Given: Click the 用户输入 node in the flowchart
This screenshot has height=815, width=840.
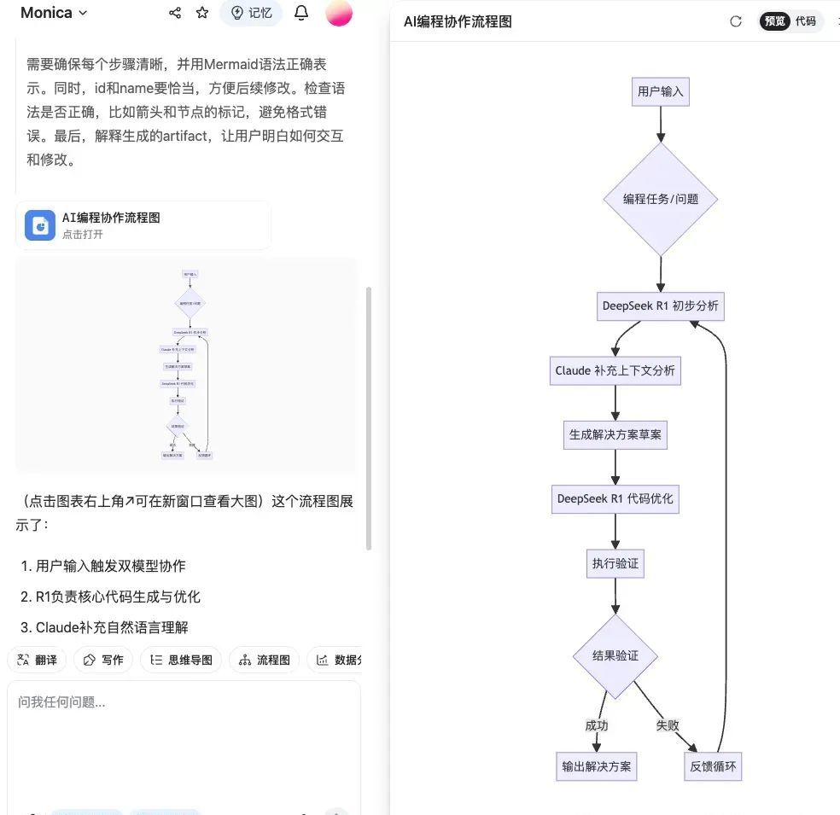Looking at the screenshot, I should click(661, 91).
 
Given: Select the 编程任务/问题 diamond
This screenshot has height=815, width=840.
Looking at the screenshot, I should click(661, 199).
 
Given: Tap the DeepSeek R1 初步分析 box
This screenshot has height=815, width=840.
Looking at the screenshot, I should click(661, 306).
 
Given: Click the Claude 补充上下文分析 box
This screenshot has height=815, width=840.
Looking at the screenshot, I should click(615, 370).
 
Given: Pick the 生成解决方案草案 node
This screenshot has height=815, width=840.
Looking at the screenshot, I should click(615, 434).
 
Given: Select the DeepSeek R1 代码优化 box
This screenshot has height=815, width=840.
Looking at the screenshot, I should click(615, 498).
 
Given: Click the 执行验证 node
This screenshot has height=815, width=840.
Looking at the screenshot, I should click(615, 563).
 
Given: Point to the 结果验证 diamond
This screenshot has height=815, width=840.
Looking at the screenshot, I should click(615, 656).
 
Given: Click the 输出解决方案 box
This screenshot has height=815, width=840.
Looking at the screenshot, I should click(596, 766).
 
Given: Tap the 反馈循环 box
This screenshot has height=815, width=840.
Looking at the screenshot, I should click(713, 766).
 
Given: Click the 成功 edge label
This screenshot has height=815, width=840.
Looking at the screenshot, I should click(596, 725).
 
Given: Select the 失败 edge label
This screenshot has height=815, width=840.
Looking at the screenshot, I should click(668, 725).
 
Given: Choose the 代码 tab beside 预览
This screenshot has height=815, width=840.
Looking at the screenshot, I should click(805, 21).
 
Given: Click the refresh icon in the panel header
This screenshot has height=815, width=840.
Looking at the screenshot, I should click(736, 21).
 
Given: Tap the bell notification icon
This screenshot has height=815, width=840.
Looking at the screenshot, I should click(301, 13).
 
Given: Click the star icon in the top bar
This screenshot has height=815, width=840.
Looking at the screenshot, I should click(202, 13).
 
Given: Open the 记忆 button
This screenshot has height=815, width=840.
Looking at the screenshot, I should click(251, 13).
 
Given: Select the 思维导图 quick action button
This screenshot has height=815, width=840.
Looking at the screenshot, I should click(181, 660).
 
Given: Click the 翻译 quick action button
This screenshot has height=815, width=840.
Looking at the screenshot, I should click(37, 660).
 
